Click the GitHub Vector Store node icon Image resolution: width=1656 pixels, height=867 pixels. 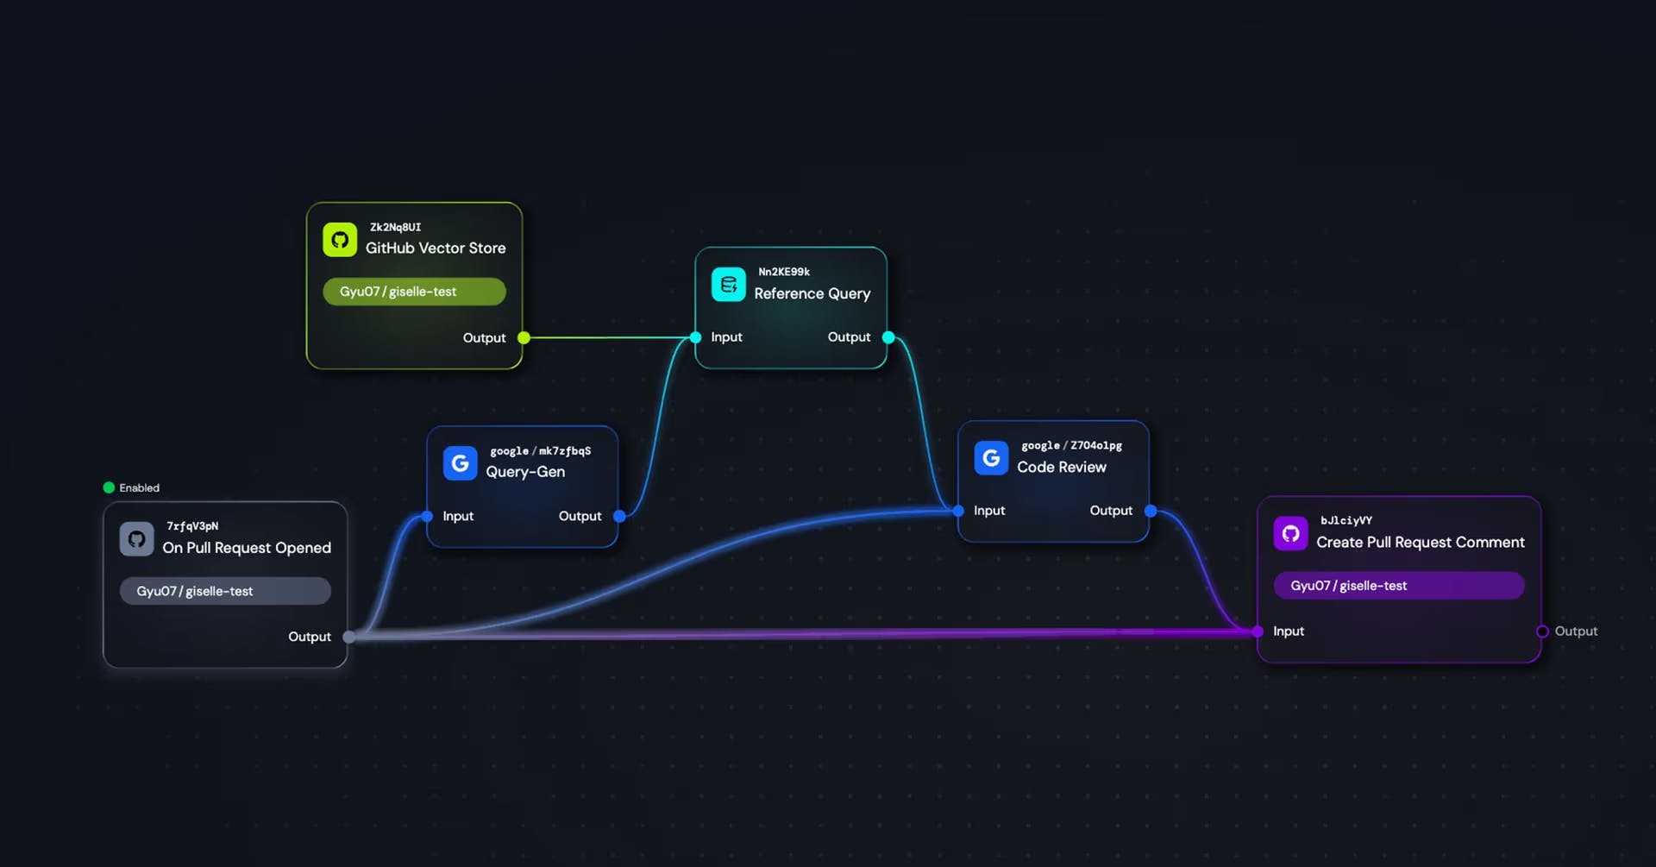[340, 240]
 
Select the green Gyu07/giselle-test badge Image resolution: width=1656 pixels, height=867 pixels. [414, 292]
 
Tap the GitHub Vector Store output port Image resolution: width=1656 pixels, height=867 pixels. [524, 338]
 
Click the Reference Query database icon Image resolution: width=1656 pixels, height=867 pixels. [728, 285]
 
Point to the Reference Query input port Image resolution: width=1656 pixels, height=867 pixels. [696, 337]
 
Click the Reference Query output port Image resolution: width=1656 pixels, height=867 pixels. [888, 337]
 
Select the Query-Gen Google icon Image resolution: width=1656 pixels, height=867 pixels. [460, 463]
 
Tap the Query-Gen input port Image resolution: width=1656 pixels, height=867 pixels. [427, 516]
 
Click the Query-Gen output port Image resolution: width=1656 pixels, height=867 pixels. [619, 516]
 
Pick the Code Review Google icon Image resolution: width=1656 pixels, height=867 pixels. [991, 458]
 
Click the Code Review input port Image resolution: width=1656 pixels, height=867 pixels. [958, 511]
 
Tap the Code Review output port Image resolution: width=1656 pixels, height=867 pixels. [1151, 511]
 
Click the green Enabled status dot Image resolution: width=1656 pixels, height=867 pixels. [109, 487]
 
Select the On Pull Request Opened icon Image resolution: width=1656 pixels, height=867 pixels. [136, 539]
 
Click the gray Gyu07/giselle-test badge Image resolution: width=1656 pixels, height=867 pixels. [225, 591]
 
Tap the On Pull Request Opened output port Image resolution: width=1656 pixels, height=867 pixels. [348, 637]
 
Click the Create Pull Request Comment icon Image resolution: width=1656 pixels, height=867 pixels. [1290, 533]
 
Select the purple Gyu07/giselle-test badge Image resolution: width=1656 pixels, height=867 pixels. [1398, 586]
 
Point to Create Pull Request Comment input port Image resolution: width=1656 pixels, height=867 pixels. [1258, 631]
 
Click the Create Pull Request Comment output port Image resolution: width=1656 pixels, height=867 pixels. [1542, 631]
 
